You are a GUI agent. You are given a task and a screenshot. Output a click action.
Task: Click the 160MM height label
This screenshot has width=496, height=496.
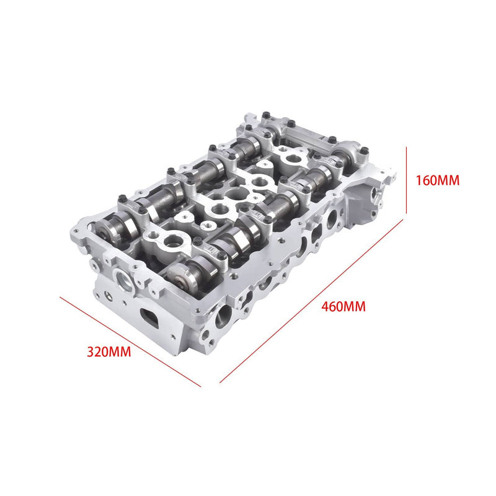point(437,180)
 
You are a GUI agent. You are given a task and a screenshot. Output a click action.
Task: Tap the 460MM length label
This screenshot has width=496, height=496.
point(343,306)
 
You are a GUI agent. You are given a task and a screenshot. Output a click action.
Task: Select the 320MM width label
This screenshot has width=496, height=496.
point(109,352)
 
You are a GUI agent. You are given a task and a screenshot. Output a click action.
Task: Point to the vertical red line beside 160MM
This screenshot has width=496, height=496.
point(407,180)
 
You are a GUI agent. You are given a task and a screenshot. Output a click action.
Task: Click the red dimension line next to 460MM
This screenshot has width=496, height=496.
point(311,301)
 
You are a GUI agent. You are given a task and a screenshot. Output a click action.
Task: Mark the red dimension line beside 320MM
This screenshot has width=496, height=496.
point(130,342)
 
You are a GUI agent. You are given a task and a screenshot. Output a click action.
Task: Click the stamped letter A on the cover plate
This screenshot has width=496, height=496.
point(321,138)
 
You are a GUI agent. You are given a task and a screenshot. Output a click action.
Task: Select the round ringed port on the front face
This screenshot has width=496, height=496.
point(123,280)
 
